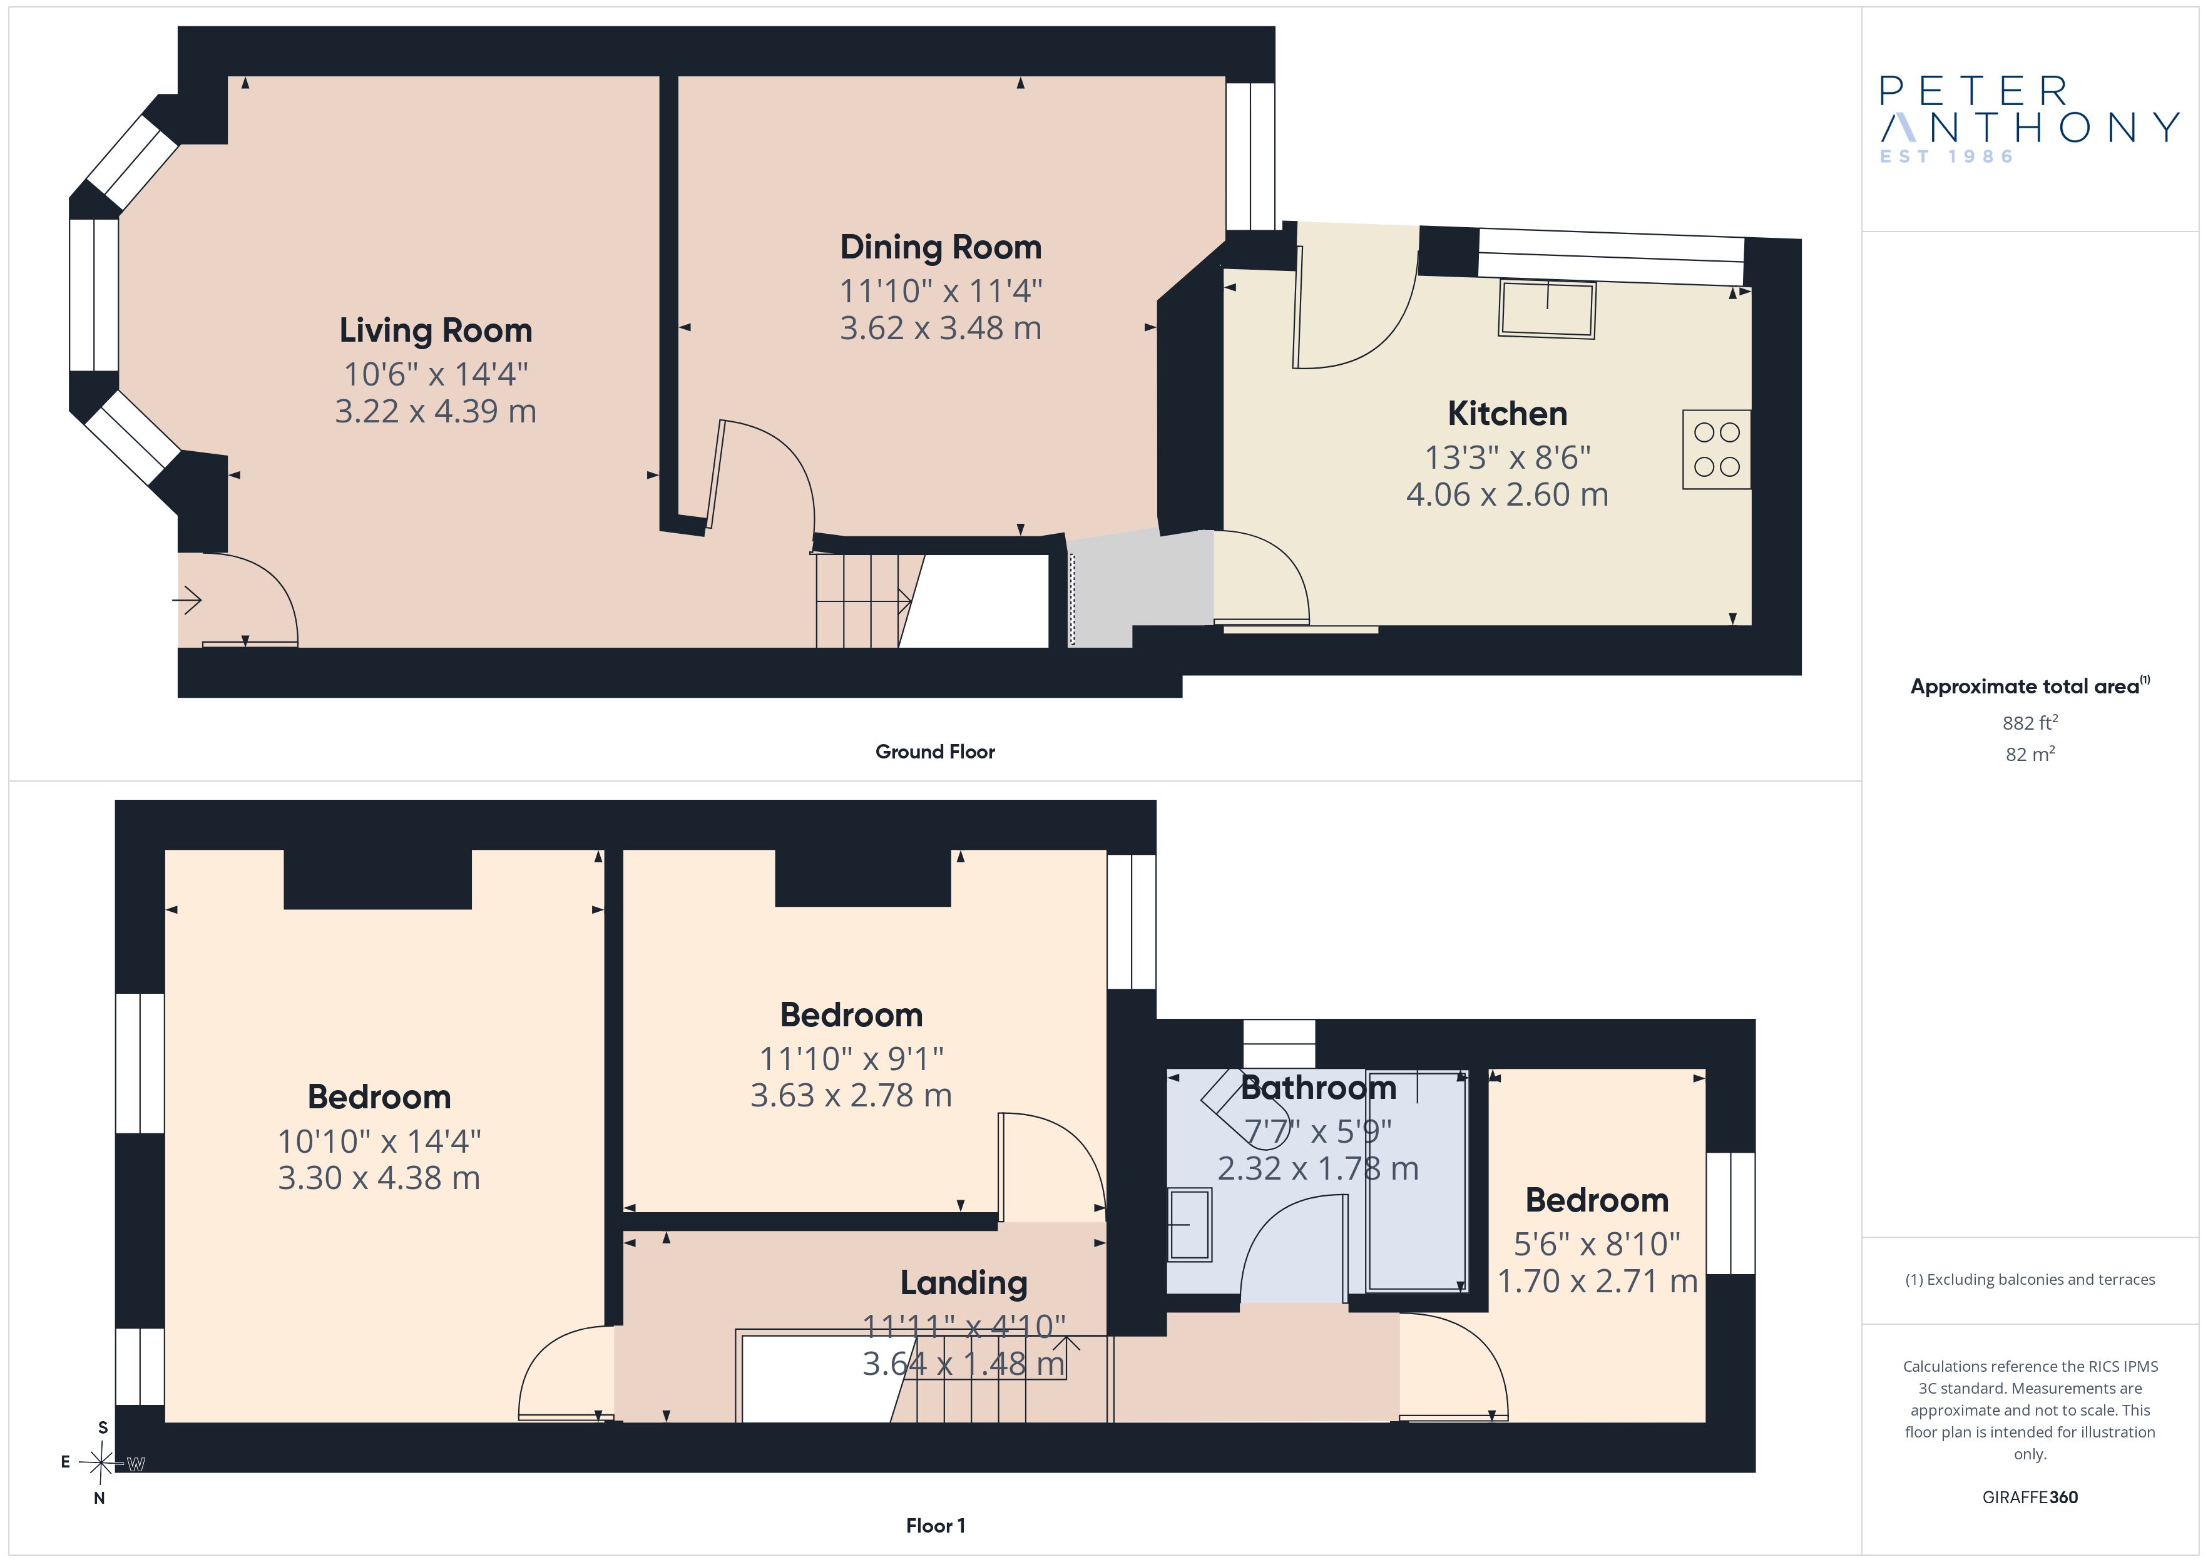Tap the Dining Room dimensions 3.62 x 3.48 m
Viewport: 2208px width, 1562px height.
tap(941, 328)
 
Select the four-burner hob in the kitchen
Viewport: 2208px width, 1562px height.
tap(1717, 449)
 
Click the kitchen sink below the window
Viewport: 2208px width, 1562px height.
tap(1546, 309)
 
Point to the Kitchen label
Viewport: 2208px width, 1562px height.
tap(1507, 414)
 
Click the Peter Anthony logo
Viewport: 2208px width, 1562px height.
tap(2029, 120)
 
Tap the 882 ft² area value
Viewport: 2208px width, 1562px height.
tap(2030, 722)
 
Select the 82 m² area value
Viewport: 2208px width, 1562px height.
tap(2030, 754)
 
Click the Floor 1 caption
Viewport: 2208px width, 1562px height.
tap(936, 1526)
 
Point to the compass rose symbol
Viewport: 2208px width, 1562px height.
tap(101, 1463)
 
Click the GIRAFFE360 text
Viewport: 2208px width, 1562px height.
tap(2030, 1498)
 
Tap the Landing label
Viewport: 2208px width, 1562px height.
tap(964, 1283)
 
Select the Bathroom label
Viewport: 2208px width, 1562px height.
tap(1319, 1088)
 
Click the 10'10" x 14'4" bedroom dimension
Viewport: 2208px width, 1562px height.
tap(379, 1141)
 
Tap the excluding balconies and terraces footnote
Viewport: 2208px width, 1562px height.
tap(2030, 1279)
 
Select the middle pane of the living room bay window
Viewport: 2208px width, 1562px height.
tap(93, 295)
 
